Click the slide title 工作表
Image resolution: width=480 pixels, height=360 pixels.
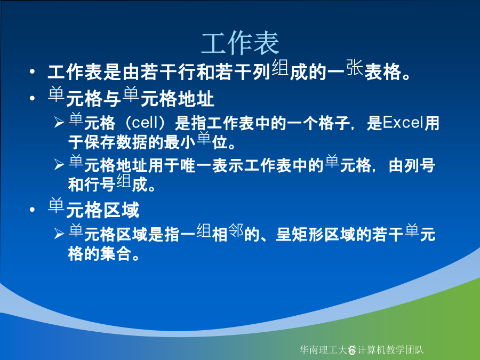(240, 43)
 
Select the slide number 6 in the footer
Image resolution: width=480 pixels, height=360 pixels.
(352, 350)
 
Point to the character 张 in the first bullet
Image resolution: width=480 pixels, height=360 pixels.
(355, 67)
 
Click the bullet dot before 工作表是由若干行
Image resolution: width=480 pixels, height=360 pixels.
(32, 72)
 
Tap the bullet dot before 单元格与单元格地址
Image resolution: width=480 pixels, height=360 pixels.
(32, 98)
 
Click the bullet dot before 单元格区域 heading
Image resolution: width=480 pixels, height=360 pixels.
(32, 210)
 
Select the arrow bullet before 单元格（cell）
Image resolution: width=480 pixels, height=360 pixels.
(59, 123)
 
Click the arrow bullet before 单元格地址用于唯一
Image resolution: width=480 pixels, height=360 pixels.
(59, 165)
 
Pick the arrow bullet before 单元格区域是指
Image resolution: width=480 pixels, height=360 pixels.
(59, 234)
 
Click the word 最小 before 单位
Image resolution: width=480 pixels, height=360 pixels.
(180, 142)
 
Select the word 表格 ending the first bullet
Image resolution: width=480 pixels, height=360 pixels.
(383, 72)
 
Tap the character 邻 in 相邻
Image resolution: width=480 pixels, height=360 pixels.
(236, 230)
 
